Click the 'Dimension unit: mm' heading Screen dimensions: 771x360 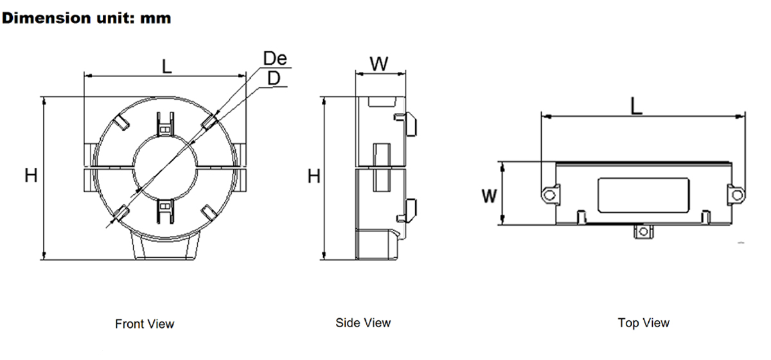click(x=86, y=18)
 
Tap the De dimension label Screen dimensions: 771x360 click(x=275, y=58)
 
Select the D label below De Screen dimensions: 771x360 click(x=274, y=78)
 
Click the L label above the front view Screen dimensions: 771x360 click(x=167, y=66)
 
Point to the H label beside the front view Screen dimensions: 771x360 click(x=31, y=175)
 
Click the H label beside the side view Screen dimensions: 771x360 click(x=314, y=176)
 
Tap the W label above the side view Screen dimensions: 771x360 click(x=379, y=64)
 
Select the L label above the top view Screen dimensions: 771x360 click(x=637, y=106)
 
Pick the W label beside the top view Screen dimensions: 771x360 click(x=489, y=196)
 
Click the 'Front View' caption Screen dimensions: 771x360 click(x=145, y=324)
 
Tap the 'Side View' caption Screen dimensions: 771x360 click(x=363, y=323)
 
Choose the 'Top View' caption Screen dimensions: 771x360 click(x=644, y=323)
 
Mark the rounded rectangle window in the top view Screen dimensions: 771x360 click(x=644, y=195)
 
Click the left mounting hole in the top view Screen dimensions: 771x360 click(x=549, y=195)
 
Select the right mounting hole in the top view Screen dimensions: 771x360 click(x=737, y=195)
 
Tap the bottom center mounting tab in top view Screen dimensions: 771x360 click(x=643, y=231)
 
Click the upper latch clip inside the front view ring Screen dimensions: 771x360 click(x=165, y=124)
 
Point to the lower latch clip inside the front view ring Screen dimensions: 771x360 click(x=165, y=211)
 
